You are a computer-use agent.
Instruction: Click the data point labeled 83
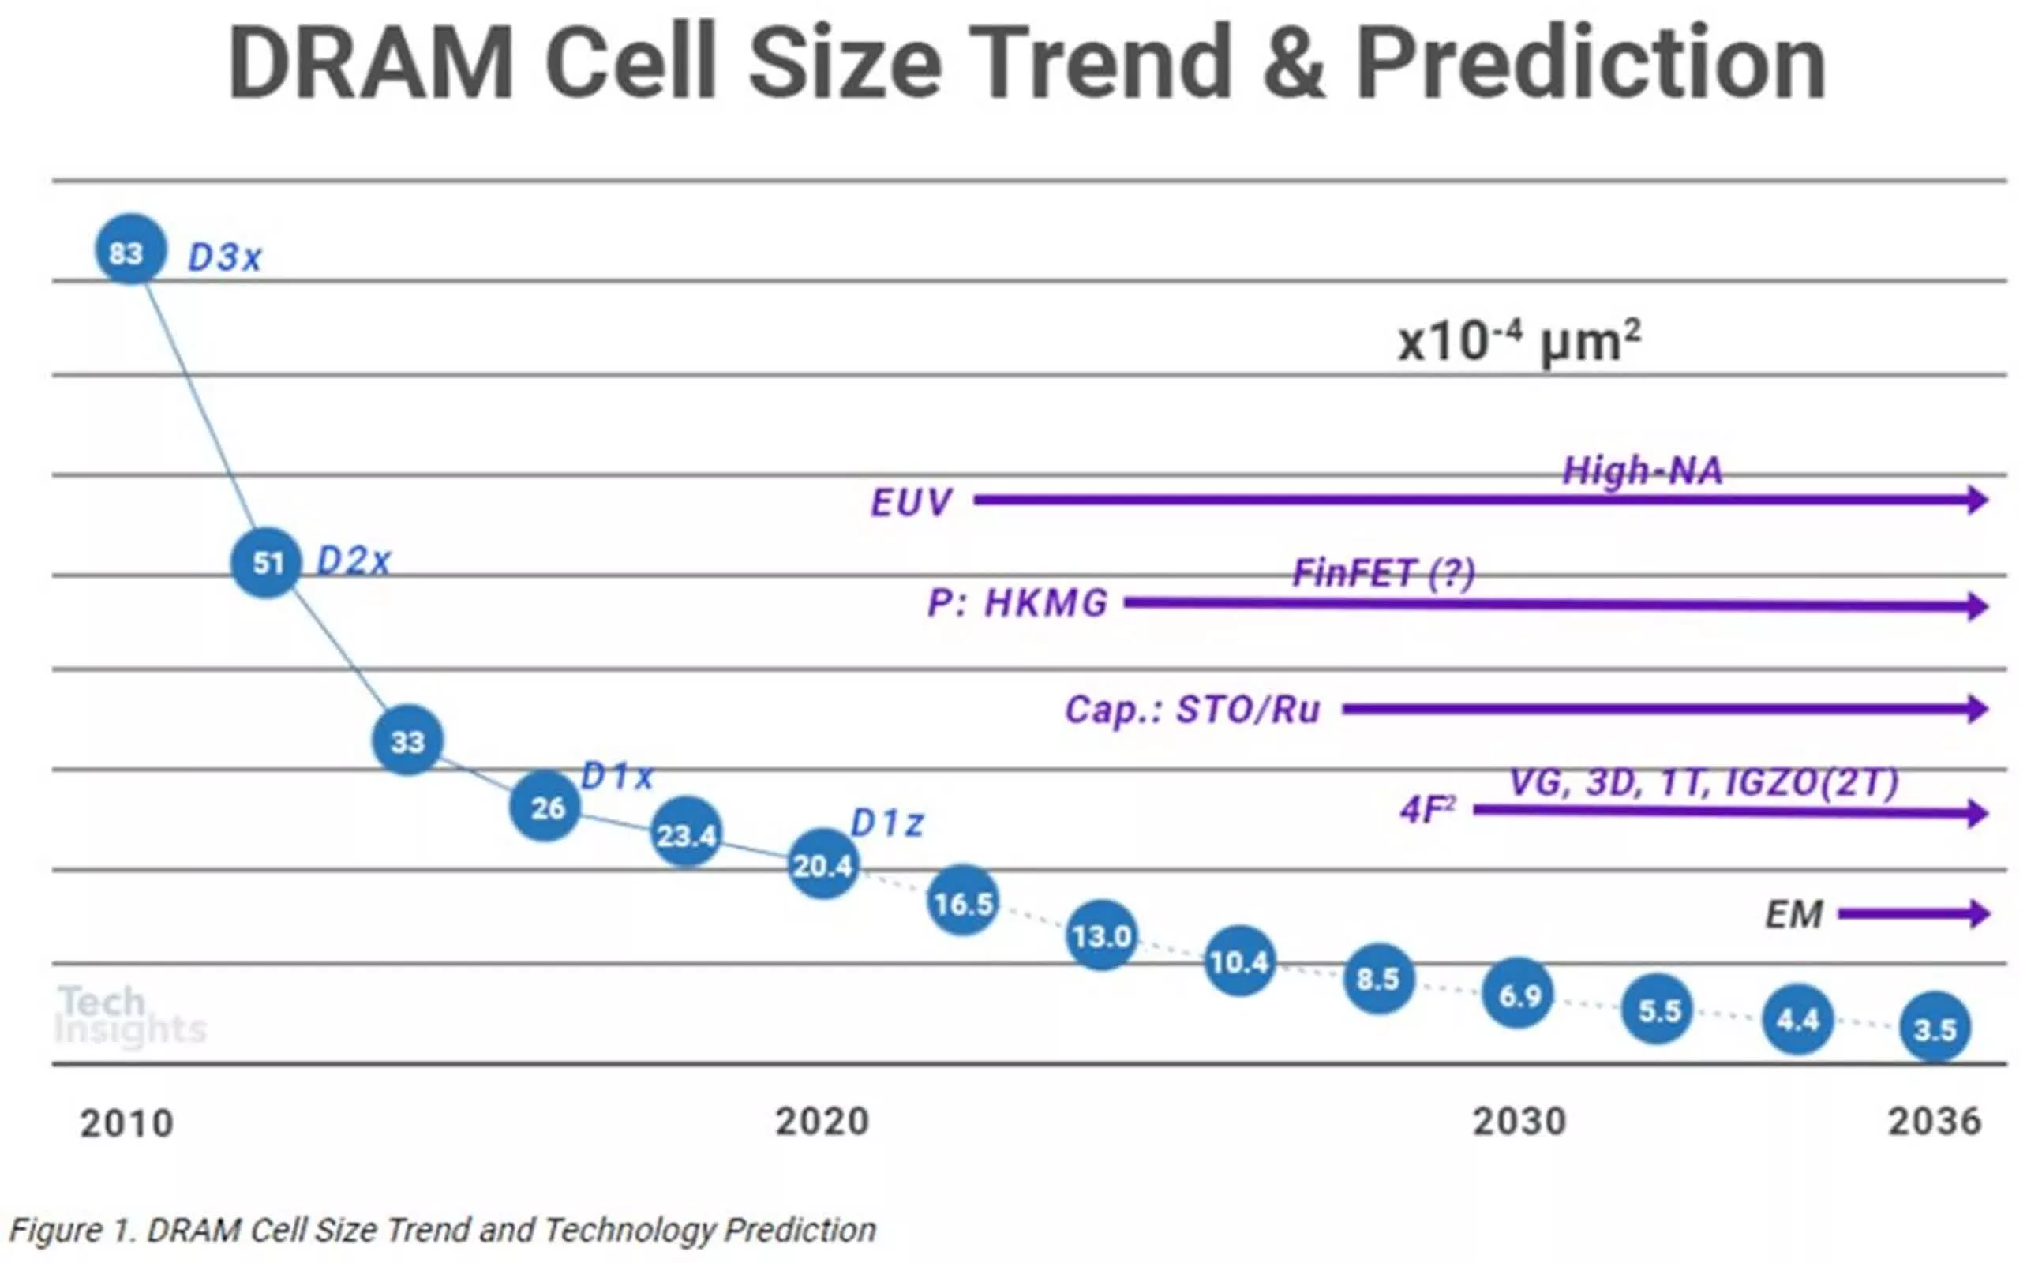click(130, 249)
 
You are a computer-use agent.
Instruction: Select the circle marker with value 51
click(265, 562)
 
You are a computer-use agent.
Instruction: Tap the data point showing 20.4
click(822, 864)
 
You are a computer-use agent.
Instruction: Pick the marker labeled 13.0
click(1102, 935)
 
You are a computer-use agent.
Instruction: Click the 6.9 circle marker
click(1518, 993)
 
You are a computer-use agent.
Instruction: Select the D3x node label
click(225, 257)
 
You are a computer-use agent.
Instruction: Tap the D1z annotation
click(886, 823)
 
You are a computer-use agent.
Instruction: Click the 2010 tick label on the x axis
click(127, 1123)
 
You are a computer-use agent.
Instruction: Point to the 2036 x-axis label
click(1935, 1122)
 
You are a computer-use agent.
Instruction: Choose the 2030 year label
click(1519, 1122)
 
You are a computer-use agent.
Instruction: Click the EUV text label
click(910, 503)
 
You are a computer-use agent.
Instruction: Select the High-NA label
click(1642, 471)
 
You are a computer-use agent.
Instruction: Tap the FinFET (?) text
click(1384, 573)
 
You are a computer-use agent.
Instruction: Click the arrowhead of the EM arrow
click(1979, 914)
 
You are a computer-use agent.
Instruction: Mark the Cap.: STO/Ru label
click(1192, 710)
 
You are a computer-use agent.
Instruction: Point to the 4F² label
click(1427, 809)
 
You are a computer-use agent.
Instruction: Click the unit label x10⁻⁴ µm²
click(1519, 342)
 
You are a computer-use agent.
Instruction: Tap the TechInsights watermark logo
click(129, 1015)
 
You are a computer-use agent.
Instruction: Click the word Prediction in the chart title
click(1590, 62)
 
